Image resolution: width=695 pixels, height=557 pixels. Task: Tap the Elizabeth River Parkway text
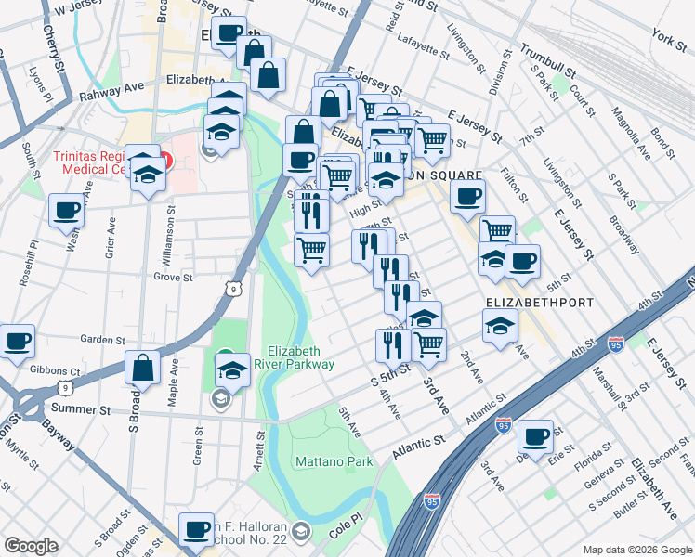300,357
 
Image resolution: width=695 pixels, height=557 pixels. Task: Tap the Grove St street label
173,277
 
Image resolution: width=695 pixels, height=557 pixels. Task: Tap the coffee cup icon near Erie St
535,434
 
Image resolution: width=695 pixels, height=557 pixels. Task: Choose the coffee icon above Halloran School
196,528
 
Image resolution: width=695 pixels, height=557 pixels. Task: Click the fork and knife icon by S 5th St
393,344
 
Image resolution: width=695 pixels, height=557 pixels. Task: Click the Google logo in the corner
32,545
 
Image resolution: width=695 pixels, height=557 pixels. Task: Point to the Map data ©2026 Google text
636,549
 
